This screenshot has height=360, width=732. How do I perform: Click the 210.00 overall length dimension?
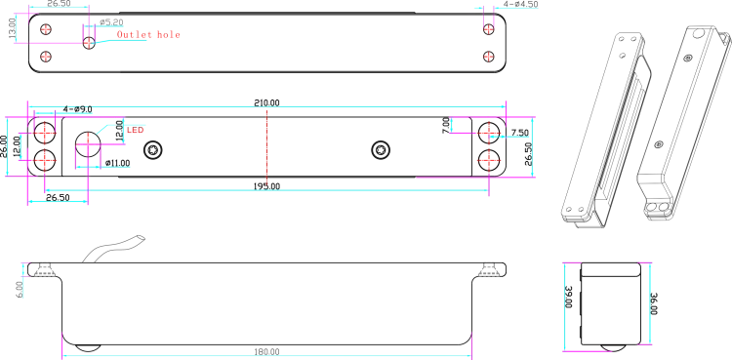pos(266,103)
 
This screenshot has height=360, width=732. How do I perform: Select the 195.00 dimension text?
pos(267,186)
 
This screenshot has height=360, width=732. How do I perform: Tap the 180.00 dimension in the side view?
pos(267,351)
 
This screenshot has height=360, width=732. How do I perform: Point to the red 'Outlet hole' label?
pos(148,34)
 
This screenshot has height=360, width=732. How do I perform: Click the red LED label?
pos(136,131)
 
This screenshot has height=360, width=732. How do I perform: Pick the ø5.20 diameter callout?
pos(111,21)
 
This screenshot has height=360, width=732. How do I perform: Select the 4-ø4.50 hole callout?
pos(520,4)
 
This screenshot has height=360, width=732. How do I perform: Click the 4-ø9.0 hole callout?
pos(77,109)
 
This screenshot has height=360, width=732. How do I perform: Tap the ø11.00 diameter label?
pos(118,163)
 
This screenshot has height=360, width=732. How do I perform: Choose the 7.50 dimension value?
pos(519,133)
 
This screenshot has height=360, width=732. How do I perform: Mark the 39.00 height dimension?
pos(569,297)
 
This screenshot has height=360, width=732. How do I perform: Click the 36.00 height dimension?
pos(654,304)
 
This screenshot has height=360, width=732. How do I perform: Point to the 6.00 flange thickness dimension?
pos(20,289)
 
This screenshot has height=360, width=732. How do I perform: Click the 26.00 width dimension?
pos(4,146)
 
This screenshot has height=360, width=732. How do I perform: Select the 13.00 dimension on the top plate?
pos(13,27)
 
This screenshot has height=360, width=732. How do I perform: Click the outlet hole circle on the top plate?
pos(89,44)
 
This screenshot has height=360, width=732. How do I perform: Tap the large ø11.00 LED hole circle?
pos(88,143)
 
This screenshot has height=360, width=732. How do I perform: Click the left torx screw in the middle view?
pos(152,150)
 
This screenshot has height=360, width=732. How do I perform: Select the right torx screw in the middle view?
pos(381,150)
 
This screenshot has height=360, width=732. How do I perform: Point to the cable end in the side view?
pos(141,239)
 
